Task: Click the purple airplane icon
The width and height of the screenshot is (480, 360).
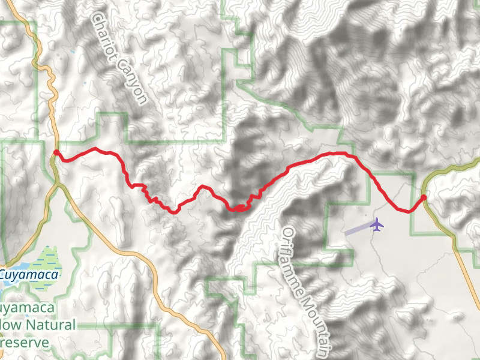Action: coord(377,224)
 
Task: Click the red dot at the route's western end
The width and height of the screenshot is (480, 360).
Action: coord(56,153)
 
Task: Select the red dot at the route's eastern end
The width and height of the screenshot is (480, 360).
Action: coord(424,197)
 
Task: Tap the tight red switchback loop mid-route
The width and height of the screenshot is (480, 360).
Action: coord(239,208)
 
